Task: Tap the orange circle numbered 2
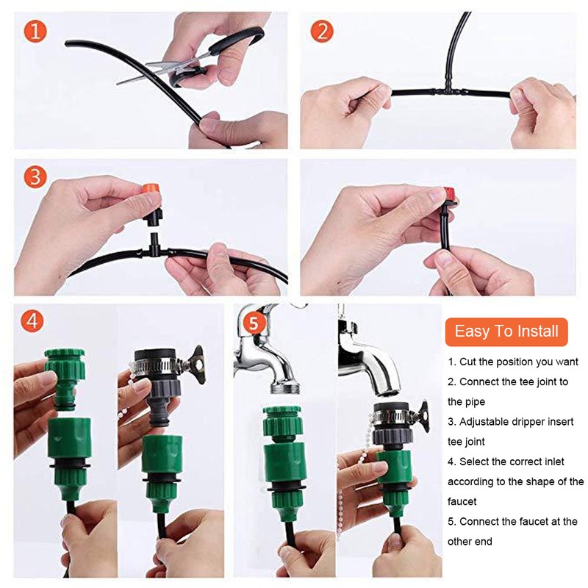(x=321, y=31)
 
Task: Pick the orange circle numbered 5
(x=252, y=321)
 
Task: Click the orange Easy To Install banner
(x=506, y=331)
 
